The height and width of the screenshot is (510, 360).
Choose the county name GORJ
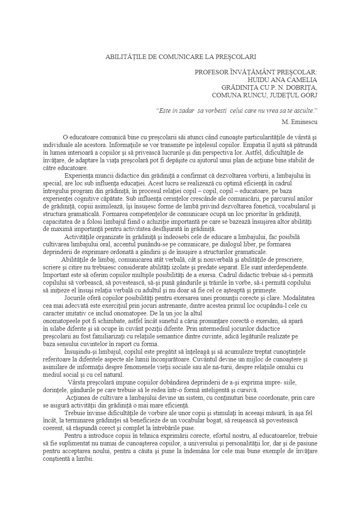tap(308, 95)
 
